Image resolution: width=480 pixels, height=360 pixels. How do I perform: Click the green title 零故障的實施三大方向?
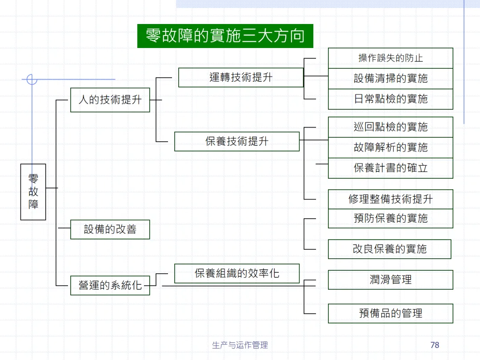[225, 36]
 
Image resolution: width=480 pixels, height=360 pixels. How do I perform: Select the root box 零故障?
[33, 192]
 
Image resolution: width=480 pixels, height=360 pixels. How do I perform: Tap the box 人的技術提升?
[110, 100]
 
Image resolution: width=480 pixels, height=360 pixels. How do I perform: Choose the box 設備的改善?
[110, 229]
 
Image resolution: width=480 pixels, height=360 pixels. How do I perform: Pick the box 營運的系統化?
[110, 285]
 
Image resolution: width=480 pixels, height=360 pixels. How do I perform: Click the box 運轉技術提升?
[241, 77]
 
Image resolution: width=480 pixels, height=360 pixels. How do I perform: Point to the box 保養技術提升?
[237, 141]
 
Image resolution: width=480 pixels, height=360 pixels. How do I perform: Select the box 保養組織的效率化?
[237, 273]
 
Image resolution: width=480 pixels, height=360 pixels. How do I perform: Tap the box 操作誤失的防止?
[390, 58]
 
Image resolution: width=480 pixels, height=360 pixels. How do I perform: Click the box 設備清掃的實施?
[390, 79]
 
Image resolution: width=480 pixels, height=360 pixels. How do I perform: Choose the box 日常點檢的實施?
[390, 99]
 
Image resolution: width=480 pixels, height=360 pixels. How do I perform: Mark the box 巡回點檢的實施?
[390, 127]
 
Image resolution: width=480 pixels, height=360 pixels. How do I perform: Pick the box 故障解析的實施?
[390, 148]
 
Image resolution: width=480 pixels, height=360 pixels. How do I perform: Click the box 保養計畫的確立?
[390, 168]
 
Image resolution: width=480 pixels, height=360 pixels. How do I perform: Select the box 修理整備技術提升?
[390, 199]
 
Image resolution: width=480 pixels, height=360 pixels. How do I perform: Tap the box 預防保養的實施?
[390, 218]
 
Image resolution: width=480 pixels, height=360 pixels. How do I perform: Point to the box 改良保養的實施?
[389, 249]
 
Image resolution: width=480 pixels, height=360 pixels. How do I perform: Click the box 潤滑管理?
[390, 280]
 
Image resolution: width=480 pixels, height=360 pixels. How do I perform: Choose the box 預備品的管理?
[390, 313]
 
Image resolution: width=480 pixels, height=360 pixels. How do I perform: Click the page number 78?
[435, 345]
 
